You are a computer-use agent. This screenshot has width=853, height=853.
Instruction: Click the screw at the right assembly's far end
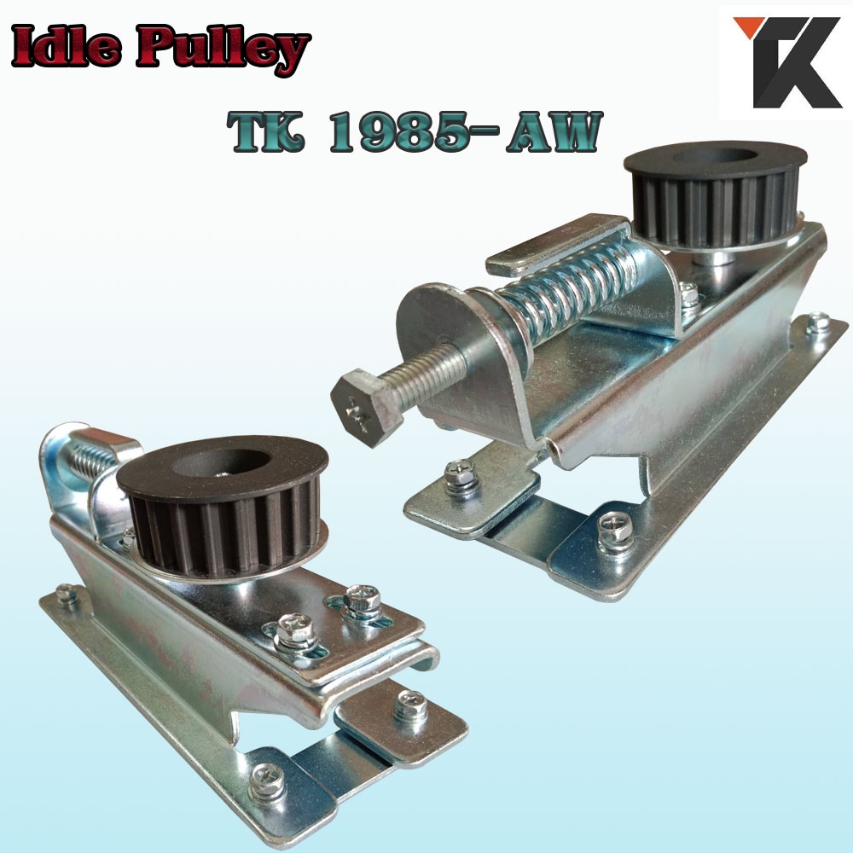click(x=816, y=322)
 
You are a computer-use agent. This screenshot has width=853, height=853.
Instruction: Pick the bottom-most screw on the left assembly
click(x=266, y=779)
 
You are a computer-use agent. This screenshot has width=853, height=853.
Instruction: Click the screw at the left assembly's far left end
click(x=66, y=594)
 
